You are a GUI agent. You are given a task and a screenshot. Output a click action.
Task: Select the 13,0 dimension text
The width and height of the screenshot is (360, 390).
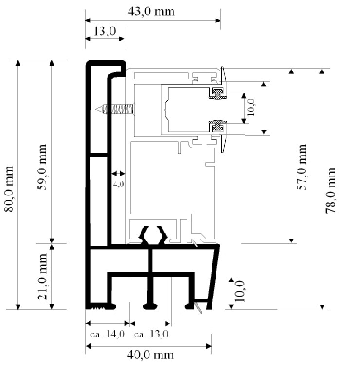[105, 32]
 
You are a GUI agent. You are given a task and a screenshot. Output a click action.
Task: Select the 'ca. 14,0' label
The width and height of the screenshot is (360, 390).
[108, 334]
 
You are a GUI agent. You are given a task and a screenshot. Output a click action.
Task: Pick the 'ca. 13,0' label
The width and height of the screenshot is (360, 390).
[151, 334]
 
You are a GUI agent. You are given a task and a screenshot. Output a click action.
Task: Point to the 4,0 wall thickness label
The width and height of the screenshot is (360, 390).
[119, 184]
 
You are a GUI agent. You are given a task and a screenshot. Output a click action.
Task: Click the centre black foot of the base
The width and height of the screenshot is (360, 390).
[151, 306]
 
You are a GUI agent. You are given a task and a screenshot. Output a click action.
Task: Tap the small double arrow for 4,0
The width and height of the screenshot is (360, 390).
[119, 173]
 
